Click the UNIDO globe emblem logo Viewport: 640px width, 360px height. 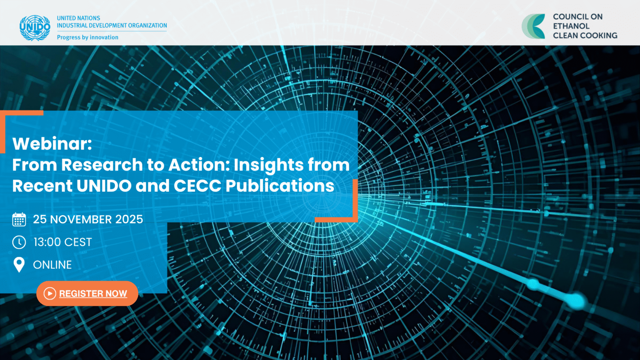[x=35, y=27]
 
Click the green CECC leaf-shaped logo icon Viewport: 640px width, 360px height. [x=534, y=26]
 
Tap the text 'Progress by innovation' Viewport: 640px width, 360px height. [x=87, y=37]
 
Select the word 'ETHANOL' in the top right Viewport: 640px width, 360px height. [x=571, y=26]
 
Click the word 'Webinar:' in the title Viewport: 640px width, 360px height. [x=52, y=144]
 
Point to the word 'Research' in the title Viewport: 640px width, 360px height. [x=102, y=165]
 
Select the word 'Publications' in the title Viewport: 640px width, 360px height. [x=280, y=186]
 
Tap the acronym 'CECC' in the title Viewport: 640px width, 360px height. [x=197, y=186]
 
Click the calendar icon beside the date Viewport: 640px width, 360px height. [x=19, y=219]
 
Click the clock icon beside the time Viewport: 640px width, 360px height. [x=19, y=242]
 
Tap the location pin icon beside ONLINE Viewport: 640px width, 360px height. [x=19, y=265]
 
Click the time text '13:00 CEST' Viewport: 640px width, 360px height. [x=62, y=242]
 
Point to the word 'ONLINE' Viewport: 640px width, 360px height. [x=52, y=265]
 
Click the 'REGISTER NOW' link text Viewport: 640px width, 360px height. [x=93, y=293]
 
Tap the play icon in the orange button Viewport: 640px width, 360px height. [x=50, y=293]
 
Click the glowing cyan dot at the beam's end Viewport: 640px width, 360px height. [x=576, y=300]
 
